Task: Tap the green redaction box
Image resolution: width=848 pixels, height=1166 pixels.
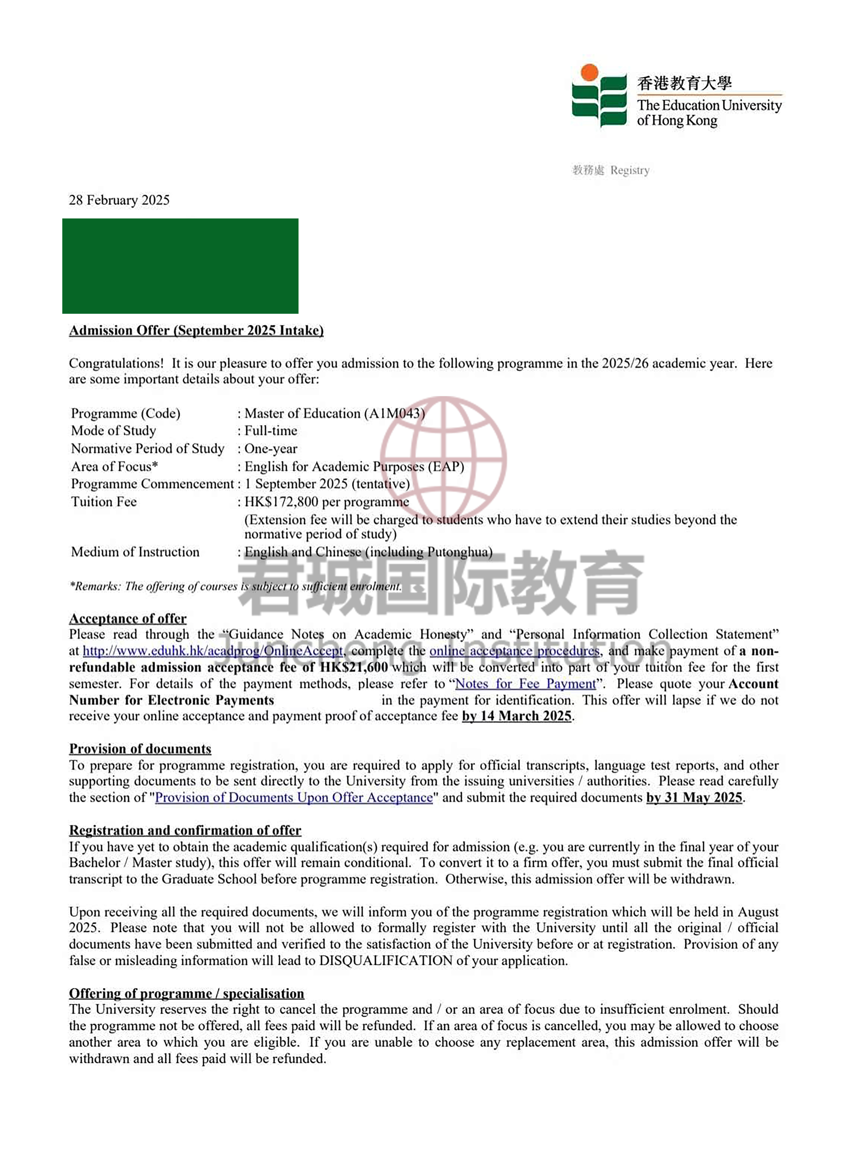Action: click(x=180, y=266)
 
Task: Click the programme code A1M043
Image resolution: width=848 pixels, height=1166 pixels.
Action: click(x=394, y=413)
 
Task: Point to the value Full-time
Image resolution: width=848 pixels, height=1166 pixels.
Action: click(x=271, y=431)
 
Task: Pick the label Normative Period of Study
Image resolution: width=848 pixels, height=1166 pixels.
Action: click(x=148, y=449)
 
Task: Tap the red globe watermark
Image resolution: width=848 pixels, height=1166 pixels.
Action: click(x=443, y=458)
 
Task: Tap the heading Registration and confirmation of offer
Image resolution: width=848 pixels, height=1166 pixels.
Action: click(x=185, y=830)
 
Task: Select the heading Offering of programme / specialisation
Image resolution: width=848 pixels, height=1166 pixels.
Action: click(x=187, y=993)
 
